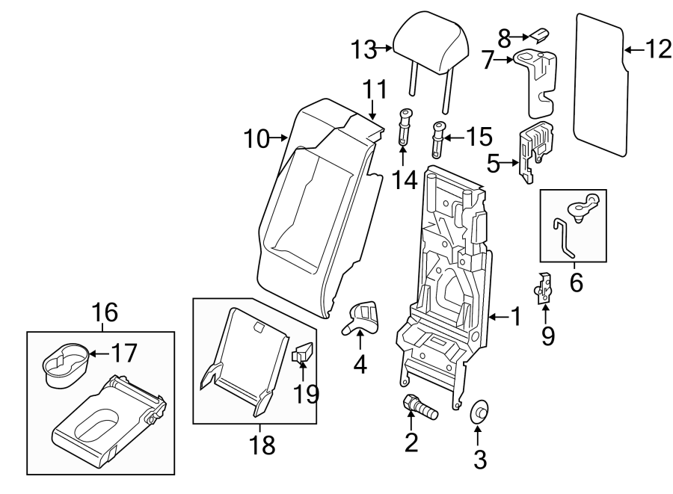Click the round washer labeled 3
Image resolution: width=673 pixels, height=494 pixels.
click(x=479, y=412)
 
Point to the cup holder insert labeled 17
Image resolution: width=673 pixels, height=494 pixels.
click(x=65, y=364)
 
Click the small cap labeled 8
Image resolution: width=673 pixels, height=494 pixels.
click(x=540, y=34)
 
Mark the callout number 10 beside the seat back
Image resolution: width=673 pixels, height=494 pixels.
click(x=258, y=138)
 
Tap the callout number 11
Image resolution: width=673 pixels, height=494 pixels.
click(x=375, y=90)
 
